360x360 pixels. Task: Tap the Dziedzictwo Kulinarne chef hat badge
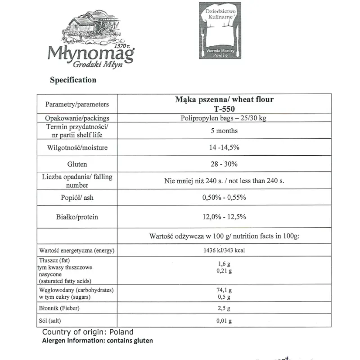tap(224, 31)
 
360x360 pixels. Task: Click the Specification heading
tap(73, 80)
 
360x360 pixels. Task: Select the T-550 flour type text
tap(224, 108)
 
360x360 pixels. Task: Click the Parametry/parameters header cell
tap(77, 104)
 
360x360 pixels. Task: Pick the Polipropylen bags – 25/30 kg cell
tap(224, 118)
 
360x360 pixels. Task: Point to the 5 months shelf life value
tap(224, 131)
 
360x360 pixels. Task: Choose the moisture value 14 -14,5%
tap(224, 148)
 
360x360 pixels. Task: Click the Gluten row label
tap(76, 164)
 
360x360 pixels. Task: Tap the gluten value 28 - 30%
tap(224, 164)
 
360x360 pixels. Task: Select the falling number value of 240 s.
tap(224, 181)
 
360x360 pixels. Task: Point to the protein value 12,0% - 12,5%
tap(224, 217)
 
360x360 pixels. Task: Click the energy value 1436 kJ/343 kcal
tap(224, 250)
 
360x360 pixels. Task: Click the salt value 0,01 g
tap(224, 321)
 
